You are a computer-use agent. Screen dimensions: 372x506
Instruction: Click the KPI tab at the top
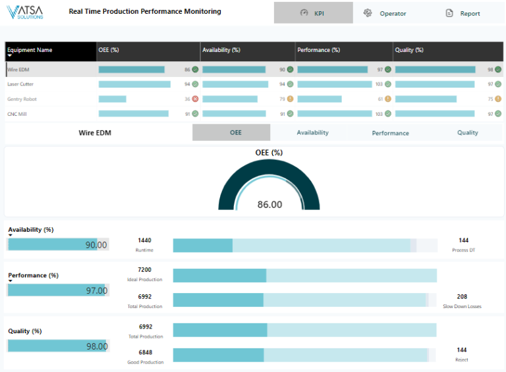(x=313, y=13)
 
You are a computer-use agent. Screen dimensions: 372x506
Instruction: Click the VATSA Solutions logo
(x=25, y=13)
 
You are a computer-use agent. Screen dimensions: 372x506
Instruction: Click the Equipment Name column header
(x=30, y=50)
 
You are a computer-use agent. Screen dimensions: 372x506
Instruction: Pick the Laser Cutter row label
(x=20, y=84)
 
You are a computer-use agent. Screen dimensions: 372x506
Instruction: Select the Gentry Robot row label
(x=22, y=99)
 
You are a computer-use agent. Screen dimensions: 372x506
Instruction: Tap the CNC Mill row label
(x=17, y=114)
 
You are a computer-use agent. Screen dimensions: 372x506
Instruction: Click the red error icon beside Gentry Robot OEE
(x=195, y=99)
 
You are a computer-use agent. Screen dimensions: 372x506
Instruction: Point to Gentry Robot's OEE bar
(x=113, y=99)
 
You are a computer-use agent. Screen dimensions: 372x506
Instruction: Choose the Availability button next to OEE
(x=312, y=132)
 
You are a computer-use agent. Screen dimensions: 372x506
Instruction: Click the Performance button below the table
(x=390, y=133)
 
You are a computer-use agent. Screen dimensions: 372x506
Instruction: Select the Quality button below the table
(x=468, y=132)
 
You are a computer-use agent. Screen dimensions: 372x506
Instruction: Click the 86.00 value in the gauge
(x=269, y=205)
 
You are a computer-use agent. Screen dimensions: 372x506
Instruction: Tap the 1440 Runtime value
(x=144, y=241)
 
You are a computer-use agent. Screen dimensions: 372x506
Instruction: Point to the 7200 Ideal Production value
(x=144, y=270)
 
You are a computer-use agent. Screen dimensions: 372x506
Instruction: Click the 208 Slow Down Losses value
(x=463, y=297)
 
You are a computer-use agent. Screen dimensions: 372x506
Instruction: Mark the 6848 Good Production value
(x=145, y=352)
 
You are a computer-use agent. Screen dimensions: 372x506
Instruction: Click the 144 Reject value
(x=463, y=350)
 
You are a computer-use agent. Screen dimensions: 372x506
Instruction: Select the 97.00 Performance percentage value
(x=96, y=290)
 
